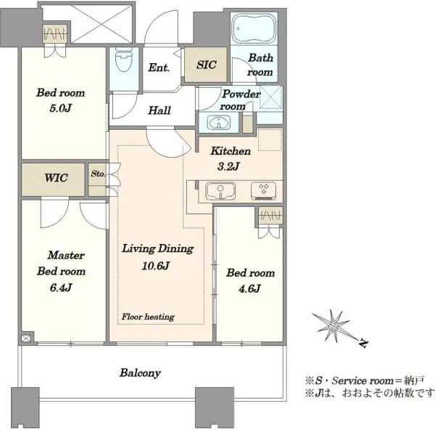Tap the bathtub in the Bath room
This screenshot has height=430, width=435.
click(x=254, y=28)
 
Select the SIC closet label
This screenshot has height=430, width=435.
click(x=207, y=65)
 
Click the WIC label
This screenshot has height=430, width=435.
click(x=56, y=178)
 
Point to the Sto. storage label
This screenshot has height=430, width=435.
click(x=98, y=174)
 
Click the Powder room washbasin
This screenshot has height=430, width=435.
click(x=219, y=122)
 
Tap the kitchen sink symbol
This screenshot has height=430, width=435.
click(x=220, y=191)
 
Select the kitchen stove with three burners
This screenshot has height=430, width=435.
click(x=263, y=191)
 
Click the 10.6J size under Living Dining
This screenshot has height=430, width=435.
click(x=156, y=266)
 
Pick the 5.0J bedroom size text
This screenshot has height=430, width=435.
click(x=60, y=107)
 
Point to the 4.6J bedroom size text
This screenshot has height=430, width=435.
click(x=249, y=289)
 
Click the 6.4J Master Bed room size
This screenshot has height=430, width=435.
click(x=61, y=288)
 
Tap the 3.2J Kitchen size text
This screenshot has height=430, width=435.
click(x=228, y=166)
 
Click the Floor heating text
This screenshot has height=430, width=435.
click(x=148, y=317)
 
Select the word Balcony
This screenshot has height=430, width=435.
click(x=140, y=373)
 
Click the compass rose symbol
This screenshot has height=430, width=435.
click(x=333, y=325)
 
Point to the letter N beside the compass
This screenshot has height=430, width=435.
click(x=363, y=344)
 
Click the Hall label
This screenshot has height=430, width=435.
click(x=159, y=110)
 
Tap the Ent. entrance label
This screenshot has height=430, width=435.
click(x=159, y=68)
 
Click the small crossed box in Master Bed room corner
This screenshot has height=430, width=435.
click(x=25, y=338)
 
